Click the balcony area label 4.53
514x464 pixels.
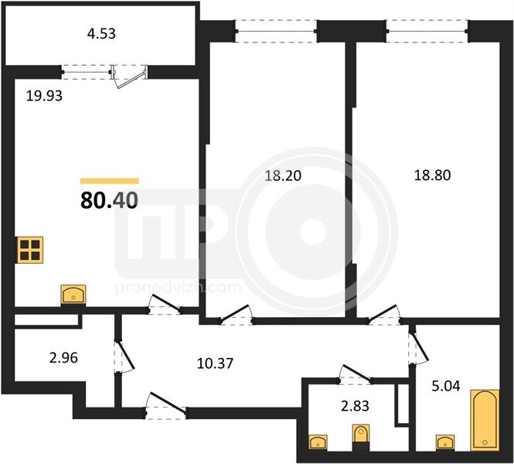[x=101, y=34]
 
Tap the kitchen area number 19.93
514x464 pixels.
[x=44, y=96]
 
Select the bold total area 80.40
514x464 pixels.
[x=109, y=200]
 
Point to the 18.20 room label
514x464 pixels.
[x=283, y=176]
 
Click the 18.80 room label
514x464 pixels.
[x=432, y=175]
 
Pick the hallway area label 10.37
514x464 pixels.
[x=215, y=363]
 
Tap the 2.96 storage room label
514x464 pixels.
[x=63, y=358]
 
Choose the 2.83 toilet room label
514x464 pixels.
[x=355, y=406]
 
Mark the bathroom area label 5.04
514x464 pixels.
[x=446, y=386]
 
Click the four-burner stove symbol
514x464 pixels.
[x=30, y=250]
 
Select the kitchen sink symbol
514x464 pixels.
[x=73, y=295]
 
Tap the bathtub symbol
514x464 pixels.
[x=485, y=421]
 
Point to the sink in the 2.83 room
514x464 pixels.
[x=318, y=442]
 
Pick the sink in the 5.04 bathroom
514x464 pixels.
[x=445, y=442]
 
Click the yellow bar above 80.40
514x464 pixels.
[x=110, y=181]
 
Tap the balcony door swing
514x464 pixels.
[x=130, y=79]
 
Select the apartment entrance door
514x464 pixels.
[x=166, y=405]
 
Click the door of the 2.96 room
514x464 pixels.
[x=124, y=356]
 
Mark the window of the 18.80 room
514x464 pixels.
[x=427, y=31]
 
